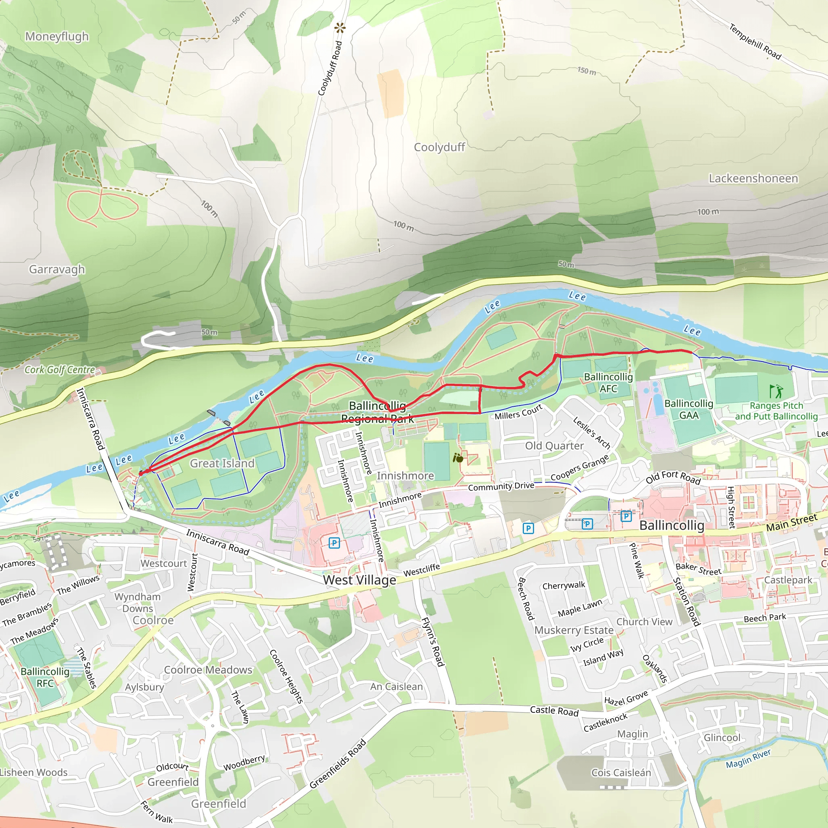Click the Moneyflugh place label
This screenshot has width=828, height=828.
[x=57, y=36]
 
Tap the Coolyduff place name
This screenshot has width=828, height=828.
[x=439, y=147]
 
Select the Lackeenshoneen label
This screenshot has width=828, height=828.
[x=753, y=178]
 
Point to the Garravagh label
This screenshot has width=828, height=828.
[x=57, y=269]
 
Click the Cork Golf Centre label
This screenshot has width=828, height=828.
[x=59, y=370]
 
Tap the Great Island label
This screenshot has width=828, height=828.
[x=222, y=463]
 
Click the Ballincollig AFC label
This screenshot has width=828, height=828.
[x=608, y=383]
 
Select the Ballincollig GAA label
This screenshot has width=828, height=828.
[x=688, y=409]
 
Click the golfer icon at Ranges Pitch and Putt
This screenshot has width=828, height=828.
[x=776, y=391]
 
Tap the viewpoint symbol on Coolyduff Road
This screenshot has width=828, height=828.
[x=340, y=28]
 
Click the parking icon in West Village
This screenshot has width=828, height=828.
[x=334, y=543]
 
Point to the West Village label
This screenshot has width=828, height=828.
[x=359, y=580]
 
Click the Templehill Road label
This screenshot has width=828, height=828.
[x=755, y=42]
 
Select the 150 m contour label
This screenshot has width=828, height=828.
[x=586, y=71]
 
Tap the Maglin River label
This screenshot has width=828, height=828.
[x=748, y=759]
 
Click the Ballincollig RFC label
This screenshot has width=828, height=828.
[x=45, y=677]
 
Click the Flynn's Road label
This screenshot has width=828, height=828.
[x=432, y=642]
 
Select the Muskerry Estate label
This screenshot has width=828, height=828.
[x=573, y=630]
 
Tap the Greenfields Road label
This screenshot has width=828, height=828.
[x=338, y=764]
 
